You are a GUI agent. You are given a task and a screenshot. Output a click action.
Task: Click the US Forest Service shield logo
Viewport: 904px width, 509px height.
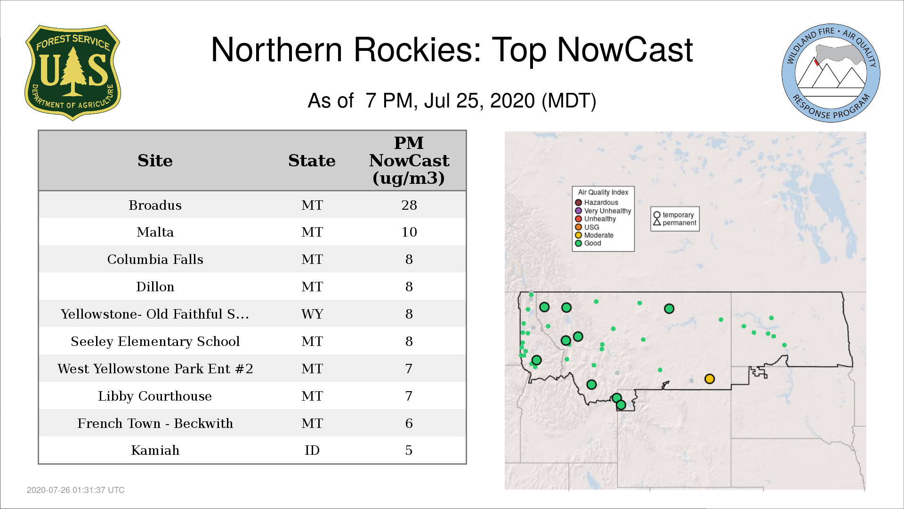(73, 73)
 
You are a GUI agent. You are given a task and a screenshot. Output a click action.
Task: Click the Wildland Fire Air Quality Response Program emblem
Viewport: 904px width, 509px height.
(831, 73)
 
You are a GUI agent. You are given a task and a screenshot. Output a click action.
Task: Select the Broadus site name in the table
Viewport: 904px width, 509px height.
(155, 205)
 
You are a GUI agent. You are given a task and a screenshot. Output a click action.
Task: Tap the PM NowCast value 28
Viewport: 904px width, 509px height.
(409, 205)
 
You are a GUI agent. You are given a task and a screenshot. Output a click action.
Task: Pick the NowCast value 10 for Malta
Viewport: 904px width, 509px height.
(409, 232)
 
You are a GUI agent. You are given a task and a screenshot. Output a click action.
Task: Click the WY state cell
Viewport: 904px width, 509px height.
(312, 314)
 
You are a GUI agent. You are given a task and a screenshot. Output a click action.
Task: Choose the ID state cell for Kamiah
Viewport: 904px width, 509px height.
(312, 450)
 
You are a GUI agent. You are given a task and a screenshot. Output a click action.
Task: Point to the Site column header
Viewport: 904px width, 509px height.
(155, 161)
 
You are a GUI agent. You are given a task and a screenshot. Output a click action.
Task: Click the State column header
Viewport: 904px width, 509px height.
(312, 161)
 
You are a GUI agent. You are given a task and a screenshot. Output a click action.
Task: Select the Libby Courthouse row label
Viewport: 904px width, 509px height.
(155, 396)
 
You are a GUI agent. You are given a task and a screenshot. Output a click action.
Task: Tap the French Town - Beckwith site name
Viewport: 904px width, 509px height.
(155, 423)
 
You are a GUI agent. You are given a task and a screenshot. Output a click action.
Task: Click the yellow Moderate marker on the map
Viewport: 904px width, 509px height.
(710, 379)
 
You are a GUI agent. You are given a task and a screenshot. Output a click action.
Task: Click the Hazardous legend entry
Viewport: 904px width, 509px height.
(597, 203)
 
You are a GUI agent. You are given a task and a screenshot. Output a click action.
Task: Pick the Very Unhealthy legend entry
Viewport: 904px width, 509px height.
(603, 211)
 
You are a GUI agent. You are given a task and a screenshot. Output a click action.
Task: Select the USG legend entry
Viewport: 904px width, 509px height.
(587, 227)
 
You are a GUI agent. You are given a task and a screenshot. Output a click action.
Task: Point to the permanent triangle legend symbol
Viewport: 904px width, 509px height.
(657, 222)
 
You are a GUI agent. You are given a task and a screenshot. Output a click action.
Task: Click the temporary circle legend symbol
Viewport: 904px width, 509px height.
(657, 215)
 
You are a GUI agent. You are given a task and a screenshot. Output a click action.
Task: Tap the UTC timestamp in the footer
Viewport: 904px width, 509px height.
(76, 490)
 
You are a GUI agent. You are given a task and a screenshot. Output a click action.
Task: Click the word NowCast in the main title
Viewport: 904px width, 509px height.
(625, 50)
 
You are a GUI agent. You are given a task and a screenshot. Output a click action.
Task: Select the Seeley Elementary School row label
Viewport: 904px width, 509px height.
(155, 341)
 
